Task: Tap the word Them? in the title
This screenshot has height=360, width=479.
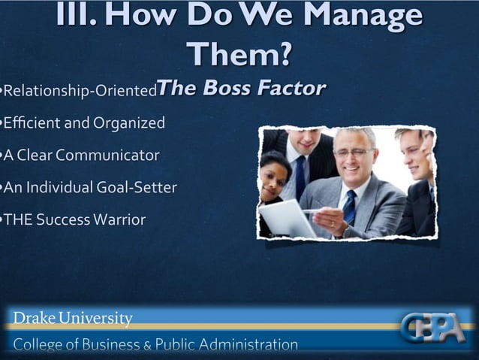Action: (239, 54)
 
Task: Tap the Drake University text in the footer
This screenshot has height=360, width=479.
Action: (73, 319)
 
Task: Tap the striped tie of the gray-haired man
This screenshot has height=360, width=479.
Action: (349, 207)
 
